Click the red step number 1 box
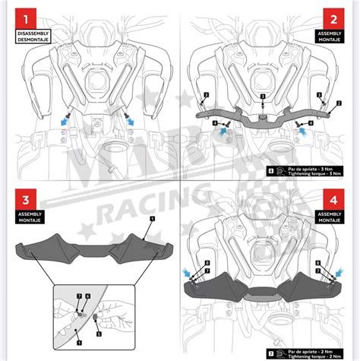(28, 18)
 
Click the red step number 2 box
(331, 18)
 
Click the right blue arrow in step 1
(130, 119)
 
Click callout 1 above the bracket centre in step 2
(261, 96)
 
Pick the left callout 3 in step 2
(206, 95)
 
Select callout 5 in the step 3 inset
(99, 333)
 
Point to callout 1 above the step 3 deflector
(152, 218)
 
